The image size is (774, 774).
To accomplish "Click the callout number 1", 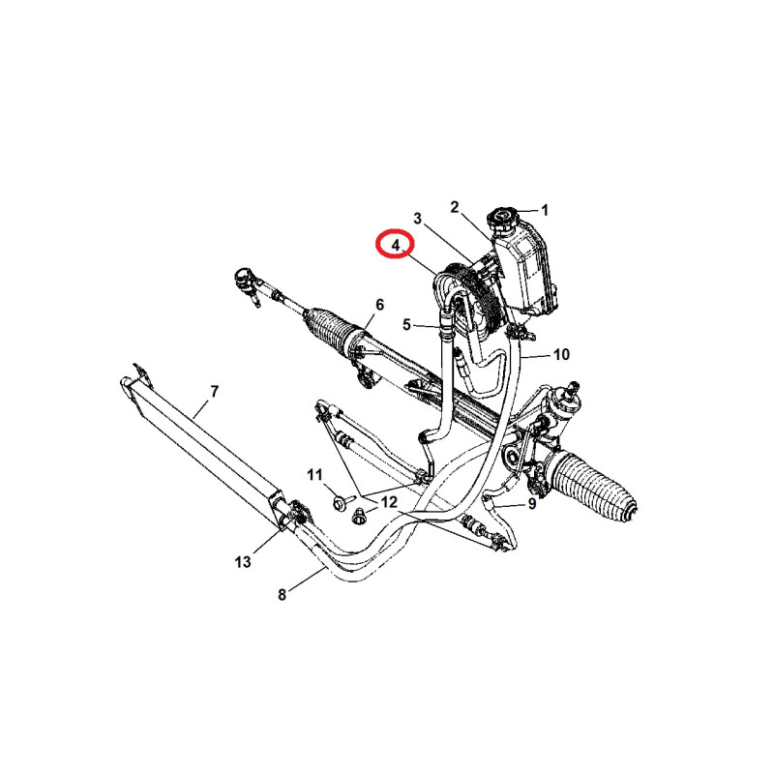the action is (x=545, y=211).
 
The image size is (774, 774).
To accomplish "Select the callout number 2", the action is (x=455, y=207).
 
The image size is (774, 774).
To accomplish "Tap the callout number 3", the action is (x=418, y=219).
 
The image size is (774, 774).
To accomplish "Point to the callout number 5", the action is (x=406, y=325).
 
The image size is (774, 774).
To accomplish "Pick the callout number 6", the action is (x=379, y=305).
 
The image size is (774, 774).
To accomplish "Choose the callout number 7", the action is (x=214, y=392).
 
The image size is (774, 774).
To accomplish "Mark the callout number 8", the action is (x=282, y=595).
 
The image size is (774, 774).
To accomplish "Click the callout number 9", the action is (x=531, y=503).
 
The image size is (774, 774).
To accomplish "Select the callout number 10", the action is (x=562, y=354).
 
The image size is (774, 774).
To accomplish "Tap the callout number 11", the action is (x=314, y=475).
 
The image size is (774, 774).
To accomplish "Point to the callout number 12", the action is (x=389, y=502).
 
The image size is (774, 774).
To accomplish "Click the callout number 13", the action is (x=243, y=562).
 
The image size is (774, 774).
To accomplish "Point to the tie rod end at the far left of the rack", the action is (x=246, y=284).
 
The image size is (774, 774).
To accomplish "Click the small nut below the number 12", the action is (x=359, y=518).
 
